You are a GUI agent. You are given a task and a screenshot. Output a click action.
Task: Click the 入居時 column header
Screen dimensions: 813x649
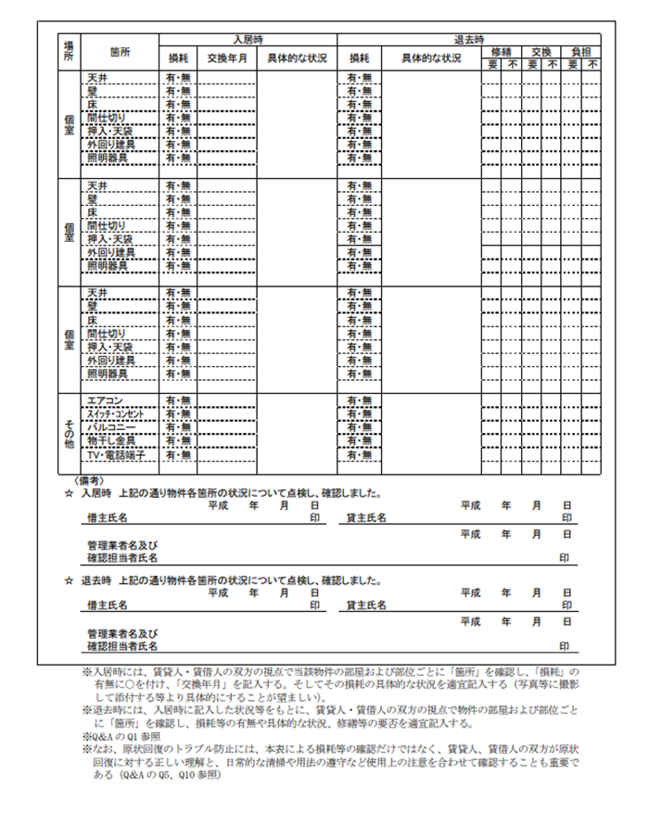tap(248, 40)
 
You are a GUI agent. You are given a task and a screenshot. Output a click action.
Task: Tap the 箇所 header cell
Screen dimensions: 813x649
tap(120, 52)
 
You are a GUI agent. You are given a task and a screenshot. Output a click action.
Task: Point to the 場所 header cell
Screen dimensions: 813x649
tap(68, 52)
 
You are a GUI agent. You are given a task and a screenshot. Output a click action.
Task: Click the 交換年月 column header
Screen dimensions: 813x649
tap(227, 58)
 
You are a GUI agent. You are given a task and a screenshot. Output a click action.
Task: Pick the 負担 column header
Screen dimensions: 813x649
tap(580, 52)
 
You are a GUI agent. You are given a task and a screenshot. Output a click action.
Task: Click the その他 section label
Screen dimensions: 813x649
tap(68, 428)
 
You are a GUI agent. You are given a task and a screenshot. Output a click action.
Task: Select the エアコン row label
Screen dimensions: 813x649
tap(105, 400)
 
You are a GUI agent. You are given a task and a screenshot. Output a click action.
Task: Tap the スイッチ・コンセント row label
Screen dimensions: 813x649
tap(116, 413)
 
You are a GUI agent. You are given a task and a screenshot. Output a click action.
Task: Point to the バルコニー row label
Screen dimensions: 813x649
tap(111, 426)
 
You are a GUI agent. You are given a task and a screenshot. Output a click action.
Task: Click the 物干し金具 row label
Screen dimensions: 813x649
tap(111, 440)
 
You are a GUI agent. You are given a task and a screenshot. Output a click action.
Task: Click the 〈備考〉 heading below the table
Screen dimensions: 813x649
tap(89, 480)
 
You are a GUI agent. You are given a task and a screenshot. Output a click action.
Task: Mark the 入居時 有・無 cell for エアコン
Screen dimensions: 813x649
tap(177, 400)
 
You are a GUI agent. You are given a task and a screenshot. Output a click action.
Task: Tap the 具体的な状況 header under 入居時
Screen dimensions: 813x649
tap(297, 58)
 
